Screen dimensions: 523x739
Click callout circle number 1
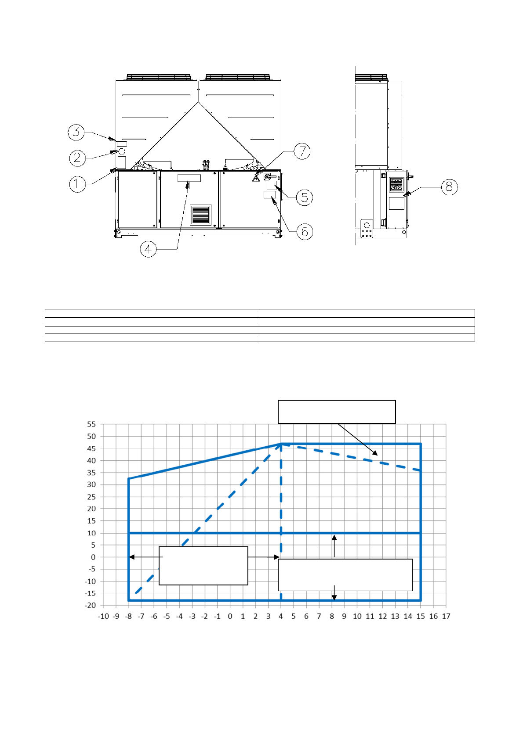coord(77,184)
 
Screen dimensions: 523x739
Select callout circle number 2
coord(77,158)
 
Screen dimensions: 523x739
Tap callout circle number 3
coord(76,132)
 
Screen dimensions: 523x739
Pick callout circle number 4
coord(148,249)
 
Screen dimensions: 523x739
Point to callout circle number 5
coord(304,197)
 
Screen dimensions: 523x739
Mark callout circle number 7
coord(302,151)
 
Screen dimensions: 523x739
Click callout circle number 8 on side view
coord(449,187)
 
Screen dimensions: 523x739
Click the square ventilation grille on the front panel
coord(200,215)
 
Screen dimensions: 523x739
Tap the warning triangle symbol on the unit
coord(256,179)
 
